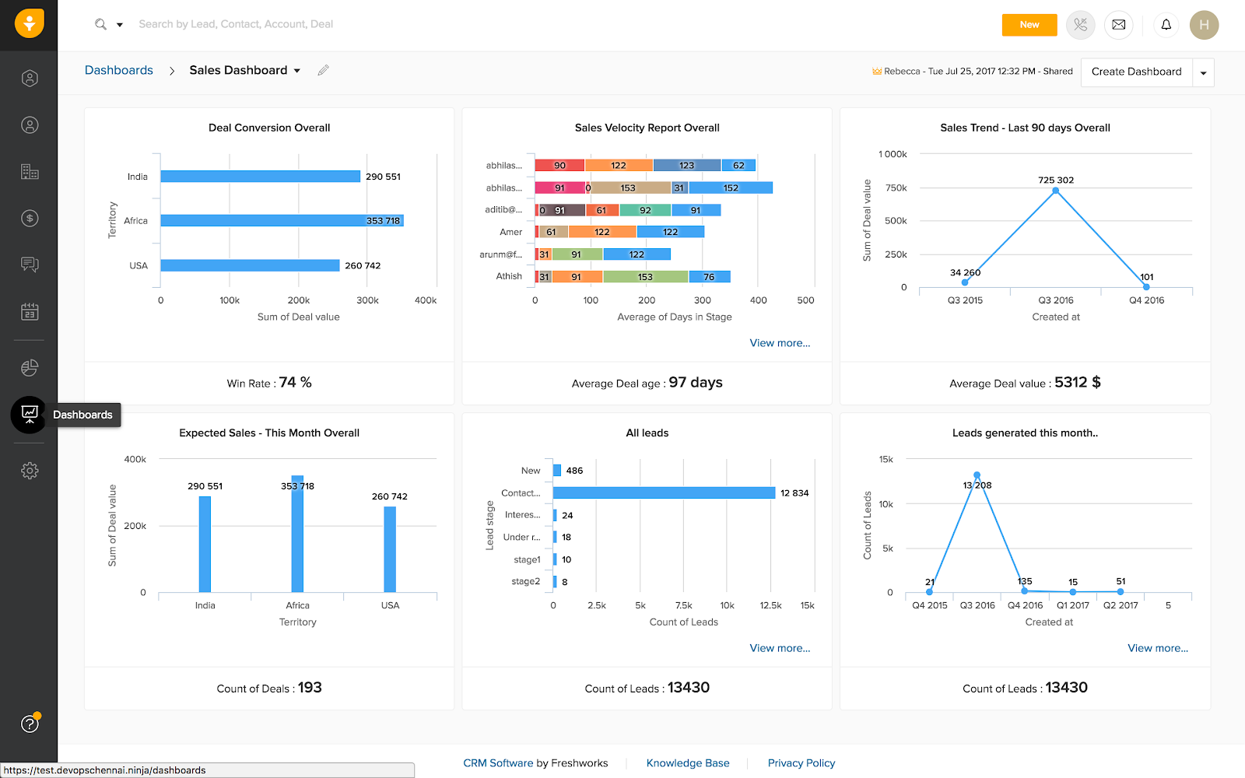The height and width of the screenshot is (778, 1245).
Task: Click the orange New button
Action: click(x=1029, y=25)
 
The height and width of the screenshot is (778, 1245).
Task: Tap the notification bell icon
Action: click(x=1166, y=25)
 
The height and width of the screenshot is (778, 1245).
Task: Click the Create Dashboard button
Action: click(x=1136, y=72)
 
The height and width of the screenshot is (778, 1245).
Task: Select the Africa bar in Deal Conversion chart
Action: click(x=281, y=221)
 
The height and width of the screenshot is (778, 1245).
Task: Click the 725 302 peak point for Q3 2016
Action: click(x=1055, y=191)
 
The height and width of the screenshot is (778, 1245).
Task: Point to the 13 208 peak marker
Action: click(x=977, y=475)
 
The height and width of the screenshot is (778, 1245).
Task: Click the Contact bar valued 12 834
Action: click(x=664, y=492)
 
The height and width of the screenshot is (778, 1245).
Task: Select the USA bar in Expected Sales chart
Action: click(x=390, y=549)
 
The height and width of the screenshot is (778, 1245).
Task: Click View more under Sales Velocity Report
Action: click(x=780, y=343)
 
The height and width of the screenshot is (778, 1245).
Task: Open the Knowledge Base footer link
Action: click(x=688, y=763)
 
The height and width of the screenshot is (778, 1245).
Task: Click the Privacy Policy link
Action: click(x=801, y=763)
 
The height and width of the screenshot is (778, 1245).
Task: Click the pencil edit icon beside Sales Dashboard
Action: click(x=323, y=70)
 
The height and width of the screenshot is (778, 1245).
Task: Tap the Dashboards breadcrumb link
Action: click(x=119, y=70)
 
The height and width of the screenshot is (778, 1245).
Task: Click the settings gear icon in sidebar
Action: click(x=30, y=470)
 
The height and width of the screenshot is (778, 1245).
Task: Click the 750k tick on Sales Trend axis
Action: click(x=896, y=187)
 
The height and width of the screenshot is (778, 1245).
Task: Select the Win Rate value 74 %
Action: click(x=295, y=383)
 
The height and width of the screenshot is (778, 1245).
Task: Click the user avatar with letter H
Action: click(x=1203, y=25)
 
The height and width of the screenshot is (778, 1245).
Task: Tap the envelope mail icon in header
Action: click(x=1118, y=25)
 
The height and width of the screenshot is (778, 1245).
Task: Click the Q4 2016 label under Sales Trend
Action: click(x=1146, y=300)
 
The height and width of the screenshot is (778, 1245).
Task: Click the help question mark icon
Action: click(x=30, y=724)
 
